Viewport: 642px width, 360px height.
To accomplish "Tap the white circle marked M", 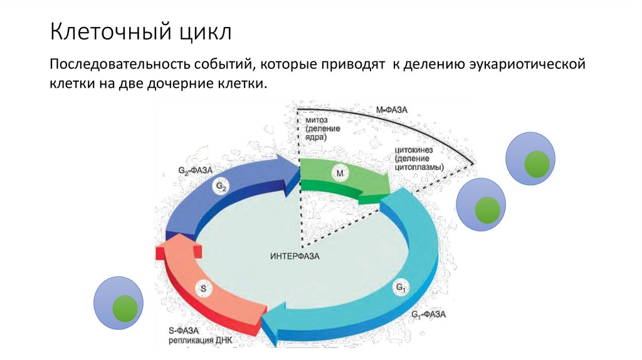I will (339, 173).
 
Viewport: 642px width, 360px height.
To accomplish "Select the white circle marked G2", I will (222, 186).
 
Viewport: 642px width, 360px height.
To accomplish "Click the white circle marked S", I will (203, 289).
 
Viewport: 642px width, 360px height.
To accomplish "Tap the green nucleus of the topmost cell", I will (537, 164).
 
